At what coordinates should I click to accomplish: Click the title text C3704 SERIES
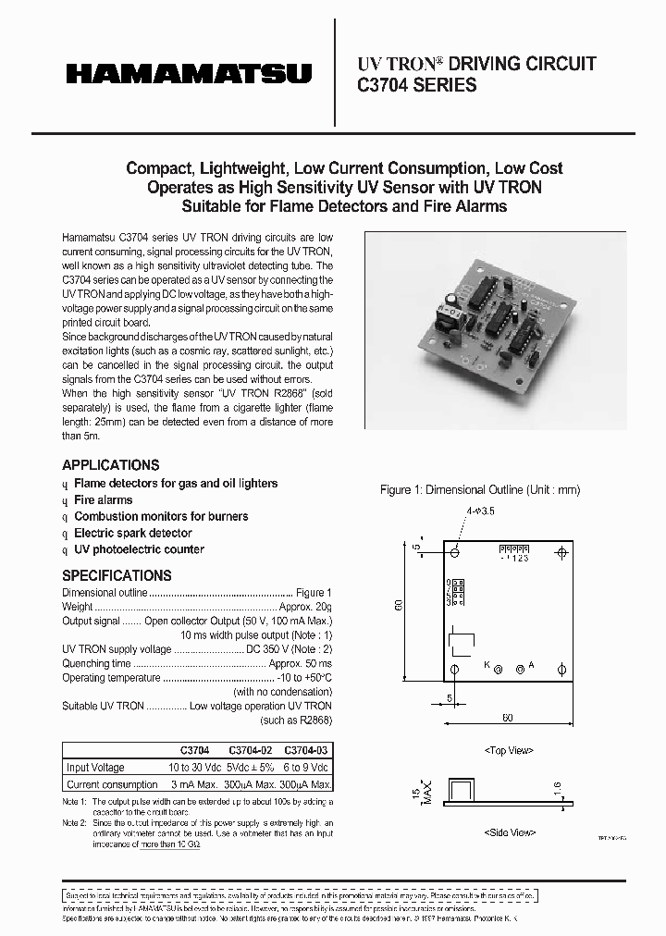coord(417,86)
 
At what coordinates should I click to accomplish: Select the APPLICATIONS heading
coord(110,465)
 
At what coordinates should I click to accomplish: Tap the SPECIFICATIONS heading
coord(117,575)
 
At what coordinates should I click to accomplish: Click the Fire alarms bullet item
coord(103,500)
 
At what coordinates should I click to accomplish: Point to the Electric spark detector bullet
coord(132,534)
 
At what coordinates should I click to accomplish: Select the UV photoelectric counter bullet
coord(139,550)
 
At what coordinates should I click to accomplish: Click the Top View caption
coord(508,750)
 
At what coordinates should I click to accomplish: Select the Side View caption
coord(508,832)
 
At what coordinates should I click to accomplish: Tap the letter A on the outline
coord(531,665)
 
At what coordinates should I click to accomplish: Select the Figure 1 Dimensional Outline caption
coord(480,490)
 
